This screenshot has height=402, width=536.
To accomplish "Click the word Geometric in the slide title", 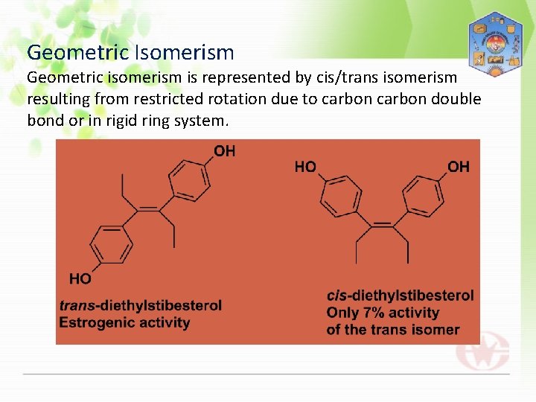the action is [x=77, y=53].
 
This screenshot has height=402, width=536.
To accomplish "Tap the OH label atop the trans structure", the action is [x=224, y=151].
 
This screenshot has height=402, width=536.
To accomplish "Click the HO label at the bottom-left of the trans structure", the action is [x=80, y=278].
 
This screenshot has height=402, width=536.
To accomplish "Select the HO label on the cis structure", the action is [x=305, y=167].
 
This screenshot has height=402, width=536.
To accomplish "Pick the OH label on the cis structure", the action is [x=459, y=167].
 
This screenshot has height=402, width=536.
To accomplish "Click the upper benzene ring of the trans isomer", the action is [x=190, y=180].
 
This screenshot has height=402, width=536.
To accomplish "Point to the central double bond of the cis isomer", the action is [x=383, y=223].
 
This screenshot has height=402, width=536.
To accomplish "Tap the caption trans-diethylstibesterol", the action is [x=141, y=305].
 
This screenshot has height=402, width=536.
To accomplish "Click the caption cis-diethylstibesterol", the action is [x=400, y=296].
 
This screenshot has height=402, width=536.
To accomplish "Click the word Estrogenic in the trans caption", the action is [x=93, y=322].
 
